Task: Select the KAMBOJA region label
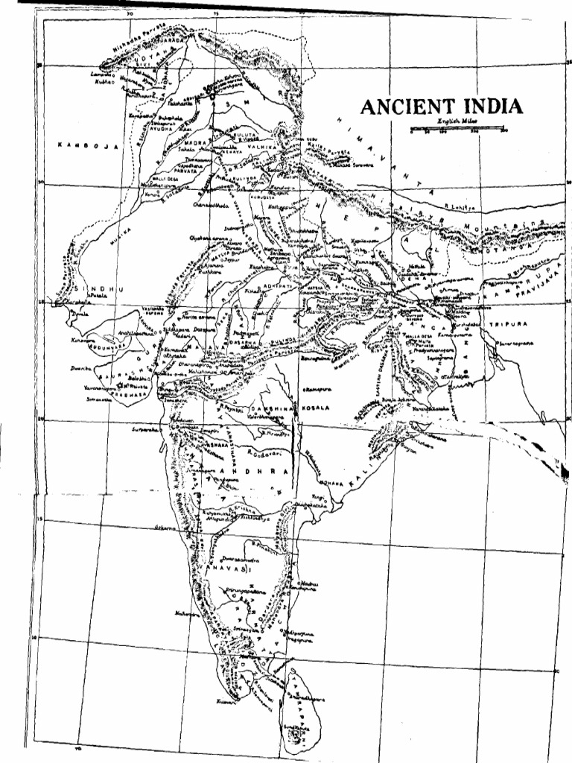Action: [x=88, y=147]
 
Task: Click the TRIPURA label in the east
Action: [x=509, y=325]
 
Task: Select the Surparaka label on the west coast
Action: [x=145, y=430]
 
